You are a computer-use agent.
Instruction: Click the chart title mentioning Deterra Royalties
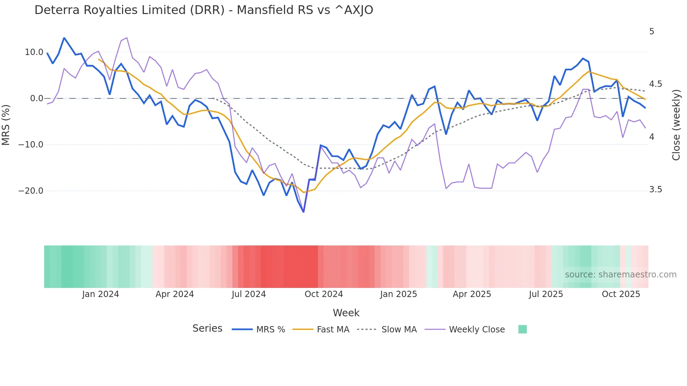point(204,10)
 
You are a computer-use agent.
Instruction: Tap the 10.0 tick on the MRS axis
point(34,52)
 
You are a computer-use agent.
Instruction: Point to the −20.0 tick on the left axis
point(31,191)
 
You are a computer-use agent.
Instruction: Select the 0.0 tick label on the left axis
point(36,98)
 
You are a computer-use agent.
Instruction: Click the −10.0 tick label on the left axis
point(31,145)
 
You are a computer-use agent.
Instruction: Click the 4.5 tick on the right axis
point(655,84)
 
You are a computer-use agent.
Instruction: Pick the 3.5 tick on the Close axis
point(655,189)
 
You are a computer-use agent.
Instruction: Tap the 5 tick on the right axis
point(652,32)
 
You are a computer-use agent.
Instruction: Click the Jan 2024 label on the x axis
point(101,294)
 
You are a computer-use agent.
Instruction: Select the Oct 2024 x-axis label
point(324,294)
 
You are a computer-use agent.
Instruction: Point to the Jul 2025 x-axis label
point(546,294)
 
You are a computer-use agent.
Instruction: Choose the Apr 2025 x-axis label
point(472,294)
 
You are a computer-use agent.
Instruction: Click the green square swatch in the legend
point(522,329)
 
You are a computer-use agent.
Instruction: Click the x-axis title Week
point(346,313)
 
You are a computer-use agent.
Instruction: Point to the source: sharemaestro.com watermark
point(620,275)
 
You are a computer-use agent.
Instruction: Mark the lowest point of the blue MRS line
point(304,212)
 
